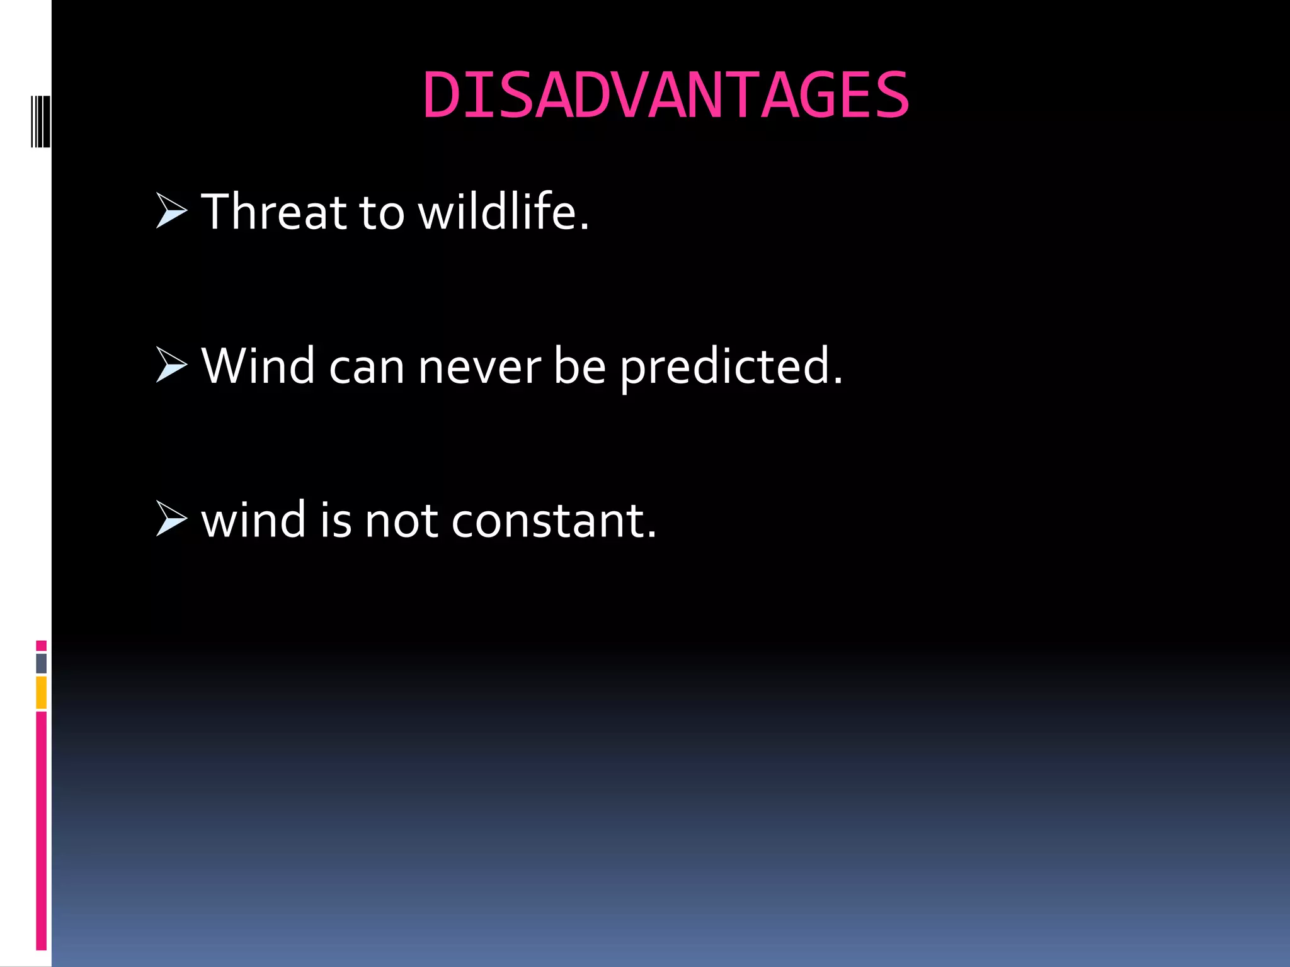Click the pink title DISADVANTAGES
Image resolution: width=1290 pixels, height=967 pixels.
pyautogui.click(x=666, y=96)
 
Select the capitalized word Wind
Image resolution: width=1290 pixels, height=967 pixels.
pyautogui.click(x=258, y=366)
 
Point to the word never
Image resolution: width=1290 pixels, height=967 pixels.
pyautogui.click(x=479, y=368)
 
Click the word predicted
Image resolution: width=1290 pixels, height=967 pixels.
pyautogui.click(x=731, y=368)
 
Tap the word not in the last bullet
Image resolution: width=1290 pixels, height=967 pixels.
pyautogui.click(x=401, y=522)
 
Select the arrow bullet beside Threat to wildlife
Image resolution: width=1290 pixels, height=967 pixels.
pyautogui.click(x=171, y=212)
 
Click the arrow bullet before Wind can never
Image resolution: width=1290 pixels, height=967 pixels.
pyautogui.click(x=171, y=365)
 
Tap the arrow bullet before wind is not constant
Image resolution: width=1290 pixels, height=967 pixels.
pyautogui.click(x=171, y=519)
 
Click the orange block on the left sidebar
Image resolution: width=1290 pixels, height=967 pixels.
pyautogui.click(x=41, y=692)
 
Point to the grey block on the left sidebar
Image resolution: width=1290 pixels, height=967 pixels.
pyautogui.click(x=41, y=663)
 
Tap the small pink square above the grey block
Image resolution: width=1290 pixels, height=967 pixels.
pyautogui.click(x=41, y=645)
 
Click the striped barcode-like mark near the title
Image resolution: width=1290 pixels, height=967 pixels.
pyautogui.click(x=40, y=122)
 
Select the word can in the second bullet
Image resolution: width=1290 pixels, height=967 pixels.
pyautogui.click(x=367, y=368)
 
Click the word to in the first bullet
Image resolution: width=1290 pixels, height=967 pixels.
pyautogui.click(x=382, y=213)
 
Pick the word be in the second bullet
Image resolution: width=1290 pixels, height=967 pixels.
pyautogui.click(x=579, y=366)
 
